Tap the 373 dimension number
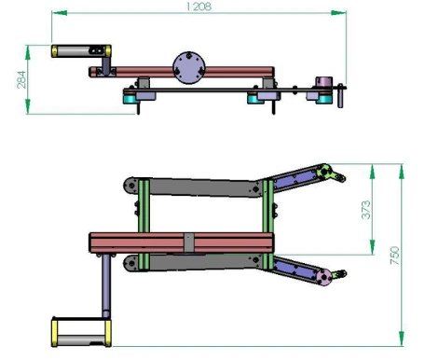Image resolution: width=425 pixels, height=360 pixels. point(365,213)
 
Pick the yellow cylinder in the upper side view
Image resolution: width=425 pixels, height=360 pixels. point(71,52)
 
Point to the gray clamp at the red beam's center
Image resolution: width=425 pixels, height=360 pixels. point(189,242)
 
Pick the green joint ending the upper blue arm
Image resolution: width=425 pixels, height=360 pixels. point(324,170)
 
